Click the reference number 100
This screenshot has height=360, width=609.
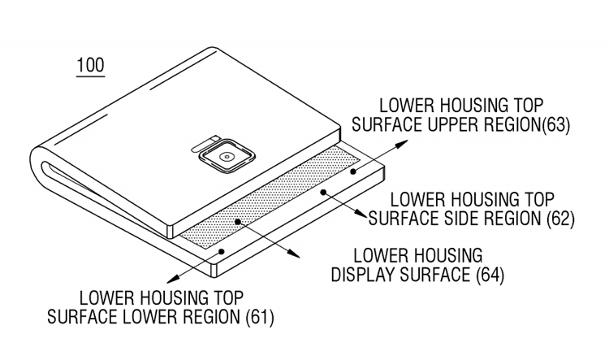tap(90, 65)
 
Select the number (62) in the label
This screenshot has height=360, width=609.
tap(560, 219)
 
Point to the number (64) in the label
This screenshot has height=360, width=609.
tap(490, 275)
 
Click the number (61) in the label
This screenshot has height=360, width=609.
tap(260, 317)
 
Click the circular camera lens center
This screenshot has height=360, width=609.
tap(226, 157)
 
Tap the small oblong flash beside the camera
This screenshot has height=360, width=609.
tap(204, 143)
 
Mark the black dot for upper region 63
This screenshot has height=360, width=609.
tap(353, 171)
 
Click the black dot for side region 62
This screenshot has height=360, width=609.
tap(322, 192)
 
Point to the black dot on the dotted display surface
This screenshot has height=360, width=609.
tap(238, 222)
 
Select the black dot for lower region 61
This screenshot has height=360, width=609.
tap(222, 252)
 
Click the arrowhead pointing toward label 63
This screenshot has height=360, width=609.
tap(402, 144)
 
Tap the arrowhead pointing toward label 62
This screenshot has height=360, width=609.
tap(360, 214)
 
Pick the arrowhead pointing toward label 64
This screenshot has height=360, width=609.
tap(293, 254)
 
